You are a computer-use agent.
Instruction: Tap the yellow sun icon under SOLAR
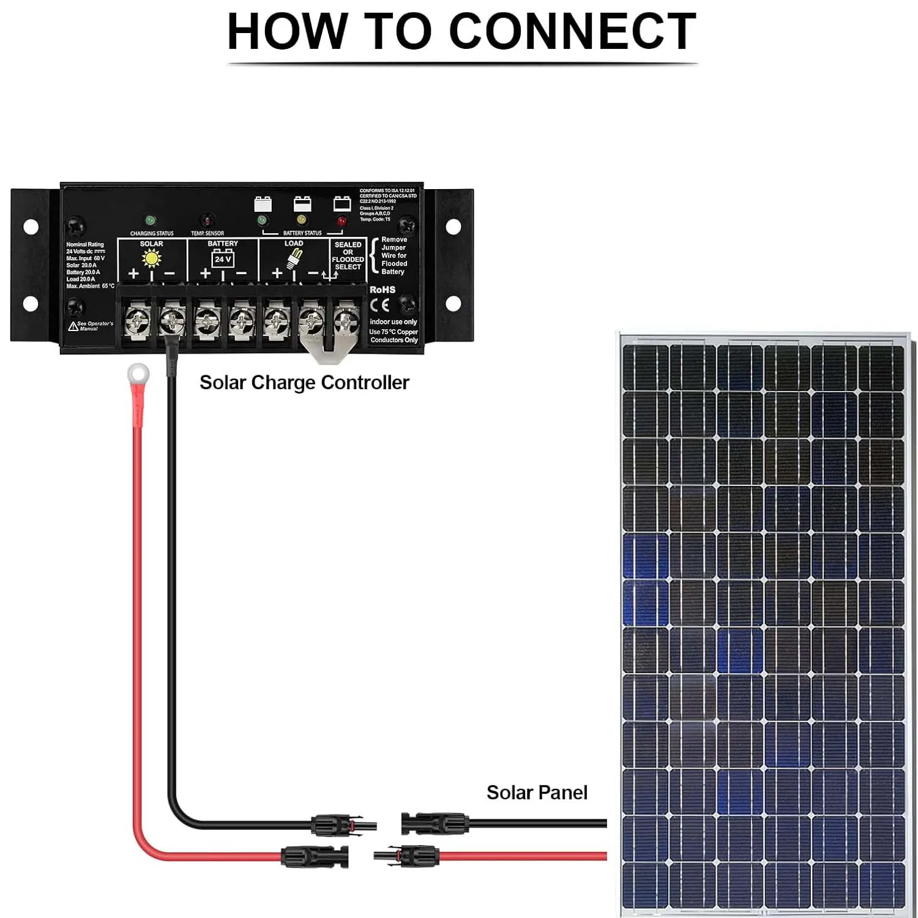click(151, 258)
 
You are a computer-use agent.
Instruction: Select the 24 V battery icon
click(223, 259)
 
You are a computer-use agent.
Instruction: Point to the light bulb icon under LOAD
click(295, 259)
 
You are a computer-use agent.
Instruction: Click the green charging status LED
click(150, 220)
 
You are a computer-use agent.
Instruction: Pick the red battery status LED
click(341, 220)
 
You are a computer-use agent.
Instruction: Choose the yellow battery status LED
click(301, 220)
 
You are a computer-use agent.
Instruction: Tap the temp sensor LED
click(207, 220)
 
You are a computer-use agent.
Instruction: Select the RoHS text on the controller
click(382, 289)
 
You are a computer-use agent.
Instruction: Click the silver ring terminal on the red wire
click(138, 372)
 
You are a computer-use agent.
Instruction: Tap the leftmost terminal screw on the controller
click(138, 319)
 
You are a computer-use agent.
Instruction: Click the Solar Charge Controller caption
click(304, 382)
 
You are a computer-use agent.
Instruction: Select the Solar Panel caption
click(537, 793)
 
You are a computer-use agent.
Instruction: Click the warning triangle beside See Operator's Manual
click(73, 326)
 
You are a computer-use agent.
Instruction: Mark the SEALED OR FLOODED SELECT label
click(348, 256)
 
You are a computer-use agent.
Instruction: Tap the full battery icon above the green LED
click(263, 203)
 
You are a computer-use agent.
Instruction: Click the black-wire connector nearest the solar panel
click(435, 823)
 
